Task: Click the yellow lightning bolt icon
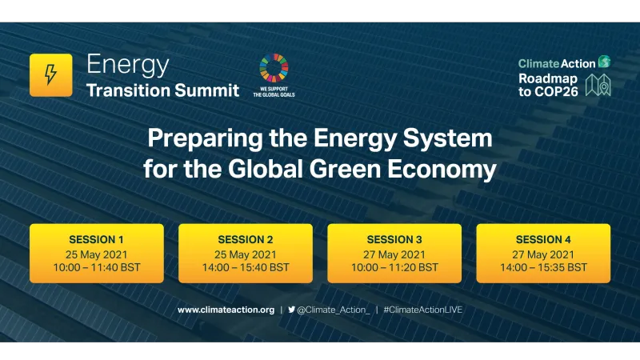click(50, 75)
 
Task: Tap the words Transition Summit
click(162, 90)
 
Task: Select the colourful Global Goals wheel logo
click(274, 68)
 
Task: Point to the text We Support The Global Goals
click(274, 90)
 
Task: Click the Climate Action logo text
click(557, 63)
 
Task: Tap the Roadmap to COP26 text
click(548, 84)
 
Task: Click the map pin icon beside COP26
click(598, 85)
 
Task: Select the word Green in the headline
click(379, 170)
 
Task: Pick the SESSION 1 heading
click(97, 239)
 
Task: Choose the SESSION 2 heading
click(246, 239)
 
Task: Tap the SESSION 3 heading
click(394, 239)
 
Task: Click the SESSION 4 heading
click(543, 239)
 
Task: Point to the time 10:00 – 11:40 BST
click(97, 267)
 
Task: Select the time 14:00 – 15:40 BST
click(246, 267)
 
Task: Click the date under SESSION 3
click(394, 253)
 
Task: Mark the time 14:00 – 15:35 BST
click(543, 267)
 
